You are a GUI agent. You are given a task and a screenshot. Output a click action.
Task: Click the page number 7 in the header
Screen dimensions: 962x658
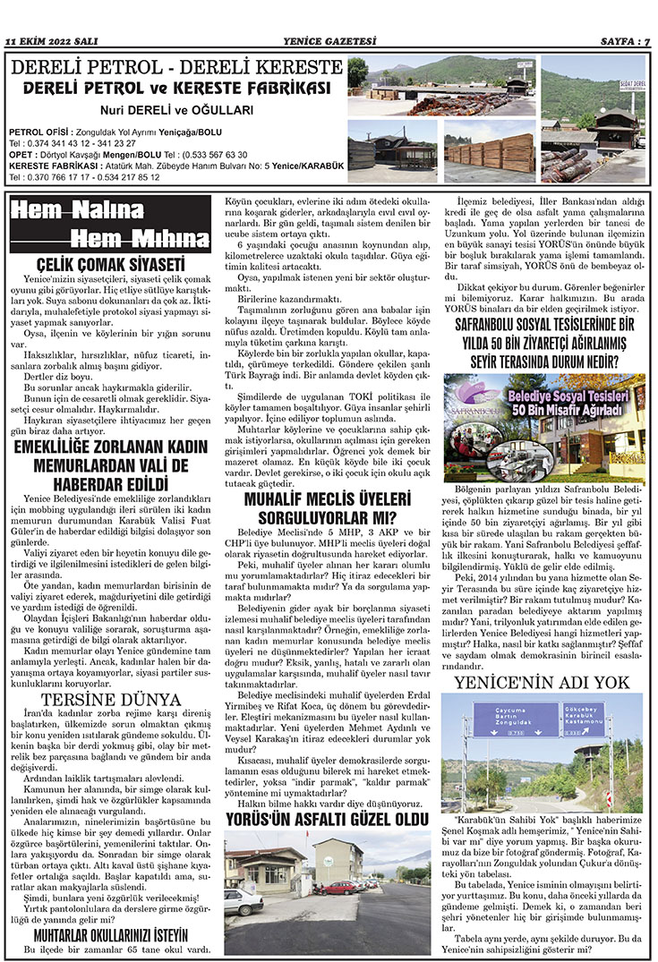tap(646, 41)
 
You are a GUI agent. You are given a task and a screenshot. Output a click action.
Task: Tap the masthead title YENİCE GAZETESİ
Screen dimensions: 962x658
tap(329, 41)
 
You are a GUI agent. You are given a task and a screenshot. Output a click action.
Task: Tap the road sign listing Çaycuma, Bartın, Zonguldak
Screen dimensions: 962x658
tap(499, 719)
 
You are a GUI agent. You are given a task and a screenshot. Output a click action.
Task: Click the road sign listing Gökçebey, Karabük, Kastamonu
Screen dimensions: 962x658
tap(584, 716)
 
